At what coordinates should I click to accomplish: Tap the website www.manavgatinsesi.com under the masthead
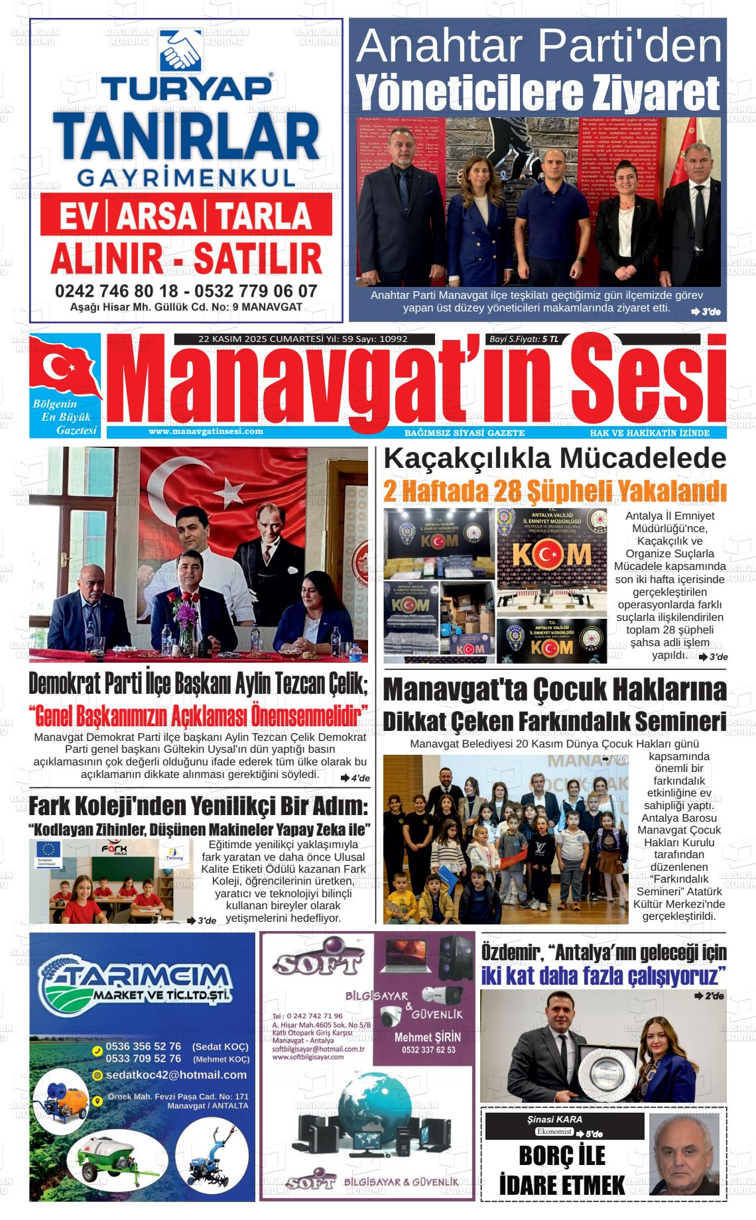point(206,431)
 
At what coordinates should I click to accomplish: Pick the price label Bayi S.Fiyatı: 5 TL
point(524,339)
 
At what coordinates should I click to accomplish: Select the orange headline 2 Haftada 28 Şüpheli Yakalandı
point(554,492)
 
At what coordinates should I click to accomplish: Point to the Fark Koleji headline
point(198,806)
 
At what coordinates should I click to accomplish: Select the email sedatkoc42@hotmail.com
point(176,1075)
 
